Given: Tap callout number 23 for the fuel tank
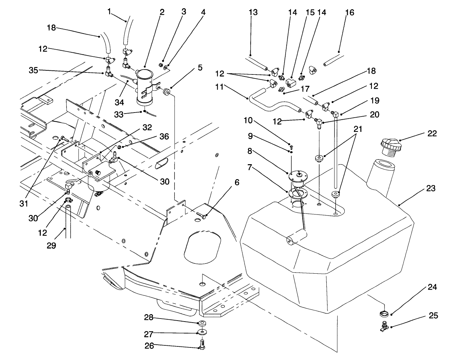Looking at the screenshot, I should click(x=431, y=188).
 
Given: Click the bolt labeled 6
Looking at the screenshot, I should click(x=201, y=215).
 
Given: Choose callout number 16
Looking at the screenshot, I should click(x=349, y=13).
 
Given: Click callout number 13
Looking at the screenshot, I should click(x=253, y=13).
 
